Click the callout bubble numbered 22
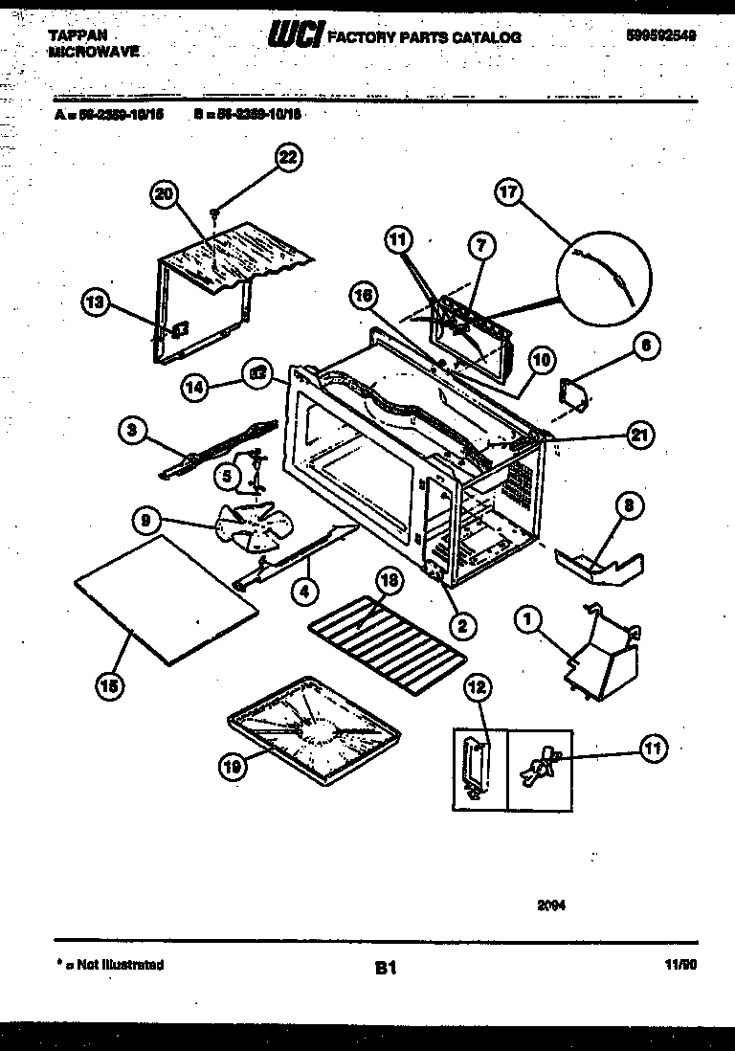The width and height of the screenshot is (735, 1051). tap(287, 158)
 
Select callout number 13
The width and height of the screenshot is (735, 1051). tap(94, 304)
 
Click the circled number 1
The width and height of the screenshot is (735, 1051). tap(525, 620)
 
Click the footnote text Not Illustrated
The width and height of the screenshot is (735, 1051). tap(115, 965)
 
